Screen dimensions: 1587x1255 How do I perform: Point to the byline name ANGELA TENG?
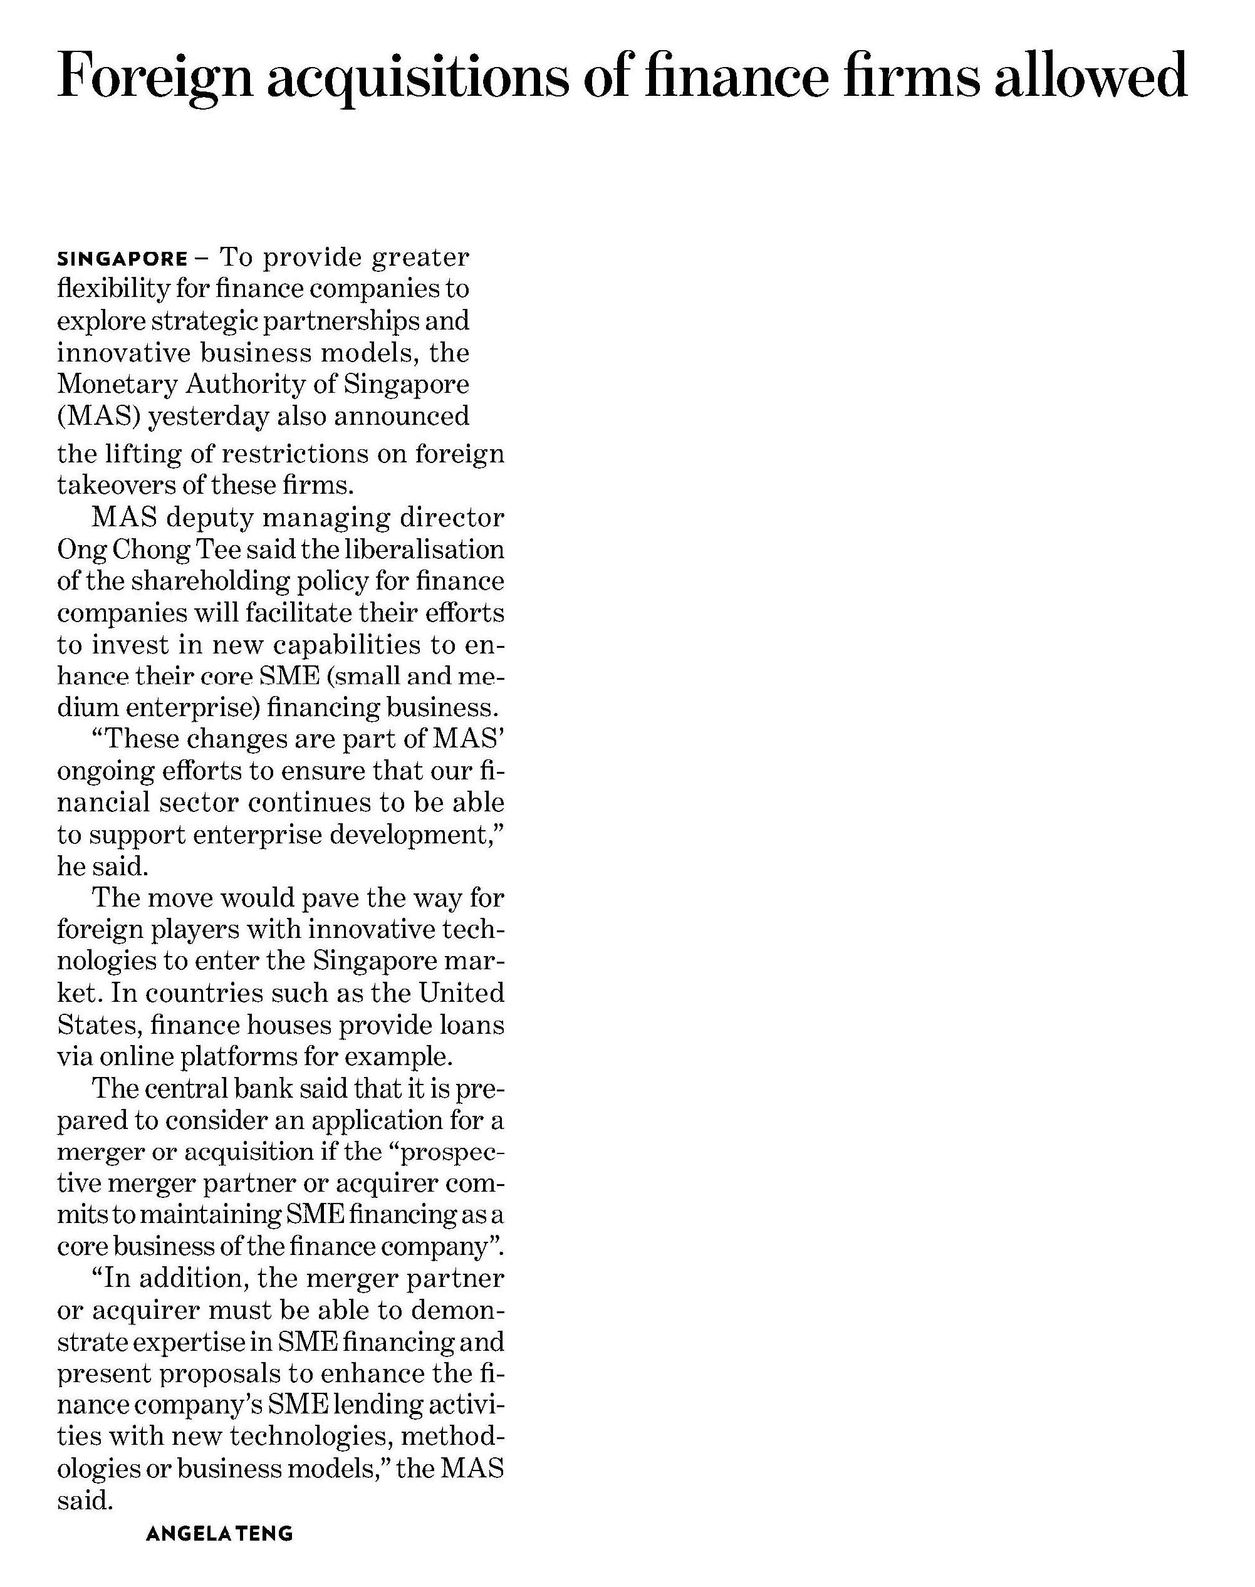click(219, 1533)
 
